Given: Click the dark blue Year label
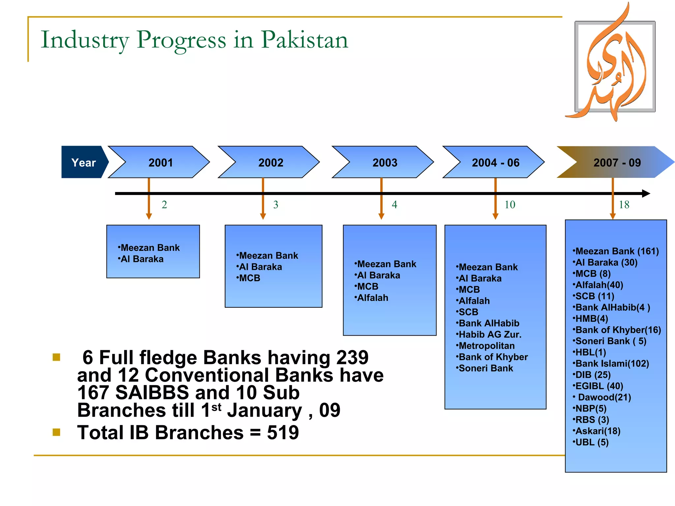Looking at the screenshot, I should click(x=84, y=162).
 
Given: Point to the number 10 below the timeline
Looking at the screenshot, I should click(x=510, y=205).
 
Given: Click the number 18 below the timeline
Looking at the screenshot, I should click(x=624, y=205).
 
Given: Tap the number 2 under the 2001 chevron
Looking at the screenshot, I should click(x=164, y=205).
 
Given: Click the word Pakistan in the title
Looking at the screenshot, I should click(x=305, y=40).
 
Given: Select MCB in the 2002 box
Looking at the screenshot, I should click(x=249, y=278).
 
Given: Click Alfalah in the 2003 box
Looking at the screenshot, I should click(x=372, y=298).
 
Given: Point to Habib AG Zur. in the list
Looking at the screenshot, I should click(x=490, y=334).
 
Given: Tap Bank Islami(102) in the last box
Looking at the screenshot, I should click(x=612, y=363).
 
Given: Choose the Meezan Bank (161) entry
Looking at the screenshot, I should click(x=617, y=251).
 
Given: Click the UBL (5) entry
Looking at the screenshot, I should click(x=592, y=442).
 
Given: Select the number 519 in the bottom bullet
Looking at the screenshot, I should click(x=283, y=432).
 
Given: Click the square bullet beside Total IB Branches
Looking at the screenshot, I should click(x=56, y=432).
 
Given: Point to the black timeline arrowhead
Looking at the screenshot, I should click(x=646, y=193).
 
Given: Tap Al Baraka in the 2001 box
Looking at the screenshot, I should click(x=142, y=259).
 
